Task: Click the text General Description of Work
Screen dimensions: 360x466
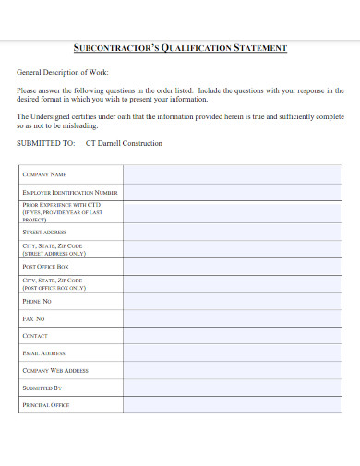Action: coord(62,72)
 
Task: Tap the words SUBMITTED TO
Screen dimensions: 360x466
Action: coord(46,144)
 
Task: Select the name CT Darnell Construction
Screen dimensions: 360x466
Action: coord(124,144)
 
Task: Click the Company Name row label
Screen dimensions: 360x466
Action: coord(44,173)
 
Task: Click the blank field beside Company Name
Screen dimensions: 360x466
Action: coord(234,173)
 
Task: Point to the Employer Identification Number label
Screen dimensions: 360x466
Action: coord(70,192)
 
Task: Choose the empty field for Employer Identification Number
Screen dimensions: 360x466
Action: coord(234,192)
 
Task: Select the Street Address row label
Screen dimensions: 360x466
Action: coord(44,233)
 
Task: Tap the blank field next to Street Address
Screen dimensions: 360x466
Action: coord(234,233)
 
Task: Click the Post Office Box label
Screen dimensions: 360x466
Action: coord(45,266)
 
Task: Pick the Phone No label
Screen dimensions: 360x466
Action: coord(37,301)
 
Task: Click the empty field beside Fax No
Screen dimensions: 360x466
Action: coord(234,318)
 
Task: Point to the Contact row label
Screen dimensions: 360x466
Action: coord(35,336)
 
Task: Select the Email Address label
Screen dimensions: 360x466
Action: coord(43,353)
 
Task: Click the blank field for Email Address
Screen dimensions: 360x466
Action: coord(234,353)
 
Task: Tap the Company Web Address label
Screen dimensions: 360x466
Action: coord(55,370)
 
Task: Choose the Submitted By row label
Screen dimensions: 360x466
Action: coord(42,388)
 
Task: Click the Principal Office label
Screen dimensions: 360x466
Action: coord(45,405)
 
